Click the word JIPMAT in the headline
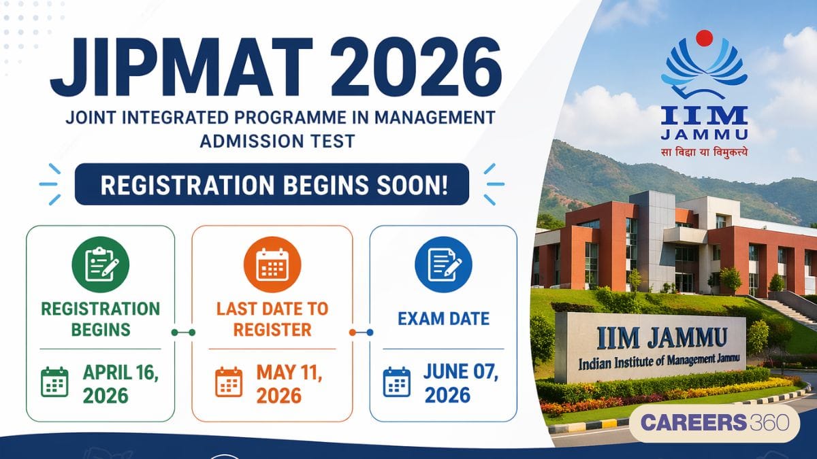click(181, 67)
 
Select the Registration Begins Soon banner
click(272, 184)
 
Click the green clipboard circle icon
click(101, 265)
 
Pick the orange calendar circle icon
click(272, 265)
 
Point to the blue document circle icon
click(443, 265)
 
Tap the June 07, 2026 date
click(461, 384)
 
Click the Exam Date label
click(443, 319)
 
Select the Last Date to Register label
click(272, 320)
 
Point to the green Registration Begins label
click(101, 320)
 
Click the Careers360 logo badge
click(714, 422)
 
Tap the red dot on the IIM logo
click(704, 38)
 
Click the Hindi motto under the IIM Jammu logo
click(704, 152)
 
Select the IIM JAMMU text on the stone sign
click(662, 339)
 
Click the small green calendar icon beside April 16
click(54, 381)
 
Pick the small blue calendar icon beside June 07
click(397, 381)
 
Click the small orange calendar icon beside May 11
click(229, 381)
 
